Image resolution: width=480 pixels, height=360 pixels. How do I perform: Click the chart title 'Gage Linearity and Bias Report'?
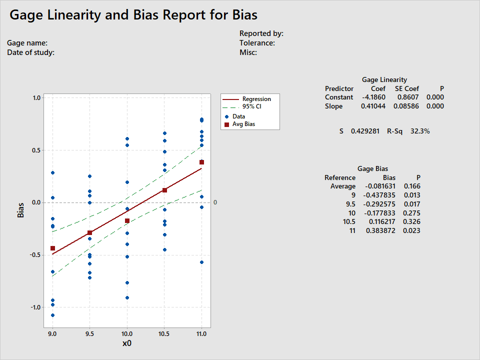pos(133,15)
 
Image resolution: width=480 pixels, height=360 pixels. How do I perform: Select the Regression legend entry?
pos(256,99)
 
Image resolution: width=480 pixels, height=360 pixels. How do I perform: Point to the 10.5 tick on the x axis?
pos(164,333)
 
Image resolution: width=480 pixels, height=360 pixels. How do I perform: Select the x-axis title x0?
pos(127,343)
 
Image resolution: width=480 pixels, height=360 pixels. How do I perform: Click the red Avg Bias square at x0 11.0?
pos(202,162)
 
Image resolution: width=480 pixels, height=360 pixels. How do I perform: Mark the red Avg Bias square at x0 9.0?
pos(52,248)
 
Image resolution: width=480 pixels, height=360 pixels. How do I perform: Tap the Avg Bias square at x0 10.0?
pos(127,221)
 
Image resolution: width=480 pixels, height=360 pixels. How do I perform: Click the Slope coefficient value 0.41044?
pos(372,106)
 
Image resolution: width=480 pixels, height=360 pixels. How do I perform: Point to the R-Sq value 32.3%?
pos(420,131)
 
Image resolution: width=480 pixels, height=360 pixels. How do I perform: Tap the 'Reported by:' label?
pos(261,33)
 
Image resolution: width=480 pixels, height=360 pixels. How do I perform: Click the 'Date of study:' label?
pos(31,52)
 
